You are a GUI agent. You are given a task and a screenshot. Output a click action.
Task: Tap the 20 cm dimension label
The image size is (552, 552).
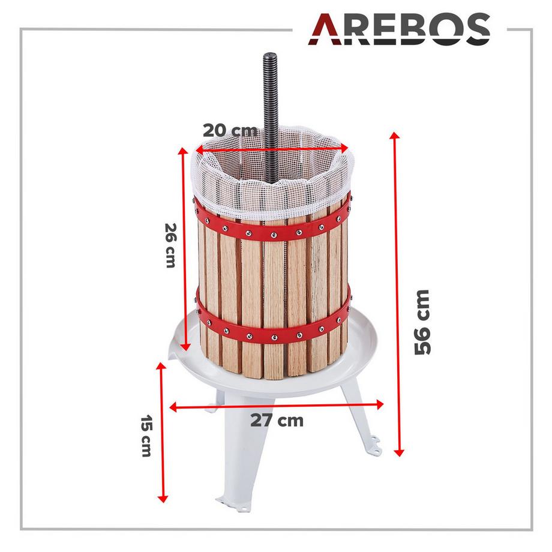point(229,130)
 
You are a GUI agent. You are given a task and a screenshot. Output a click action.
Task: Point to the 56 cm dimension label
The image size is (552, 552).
point(422,322)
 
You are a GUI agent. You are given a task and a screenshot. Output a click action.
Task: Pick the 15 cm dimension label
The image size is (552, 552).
point(145,436)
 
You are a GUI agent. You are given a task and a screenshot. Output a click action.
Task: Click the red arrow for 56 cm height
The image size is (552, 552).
point(397,294)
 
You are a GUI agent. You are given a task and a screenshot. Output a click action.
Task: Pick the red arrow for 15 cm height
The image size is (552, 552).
point(161,432)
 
